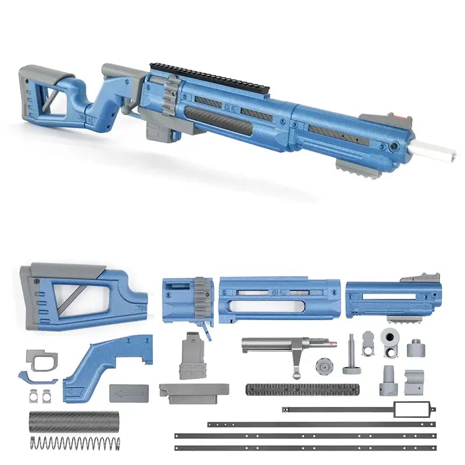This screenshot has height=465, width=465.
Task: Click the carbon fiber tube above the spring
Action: pyautogui.click(x=74, y=421)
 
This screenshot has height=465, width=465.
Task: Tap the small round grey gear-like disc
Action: pyautogui.click(x=324, y=367)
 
